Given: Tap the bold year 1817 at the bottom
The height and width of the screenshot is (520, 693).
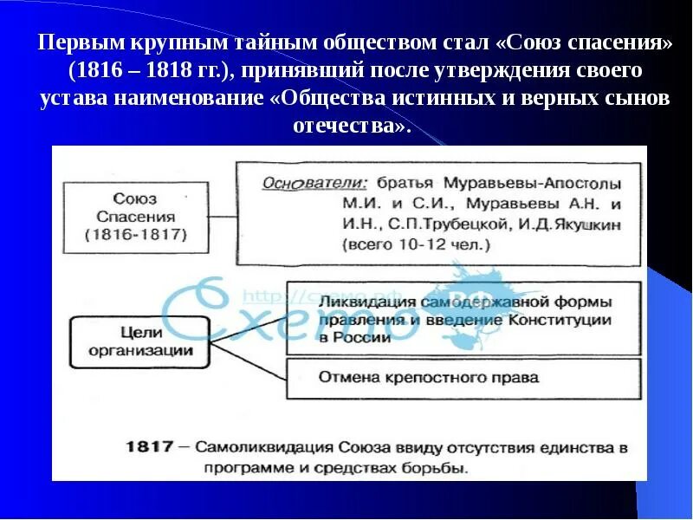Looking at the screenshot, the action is [152, 448].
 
